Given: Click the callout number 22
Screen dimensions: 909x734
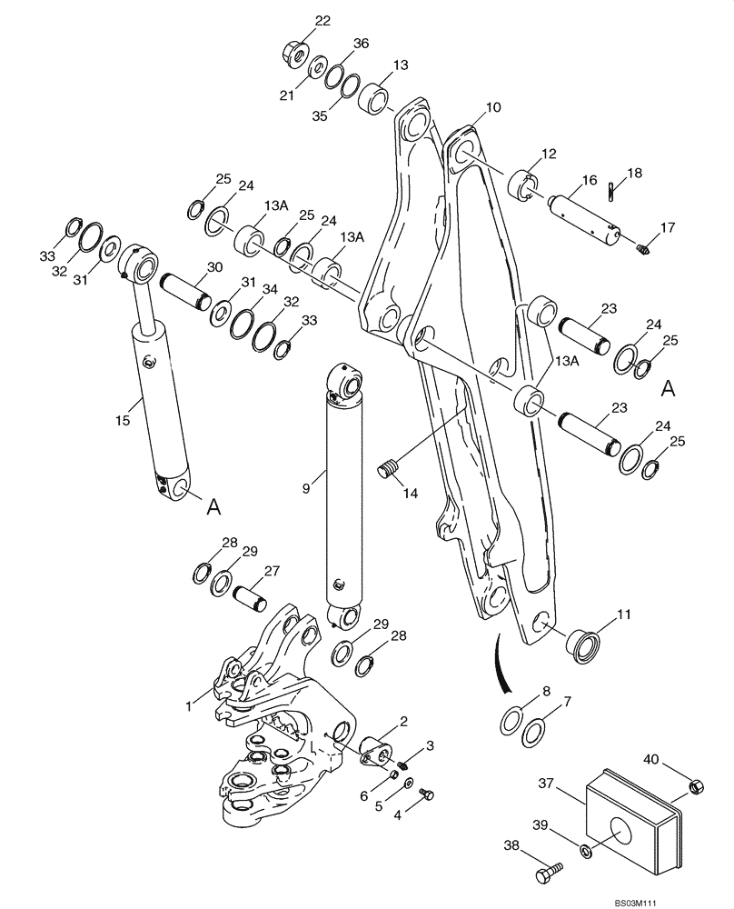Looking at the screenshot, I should point(298,21).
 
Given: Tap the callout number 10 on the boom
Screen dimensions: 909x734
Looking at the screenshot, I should point(492,107).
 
